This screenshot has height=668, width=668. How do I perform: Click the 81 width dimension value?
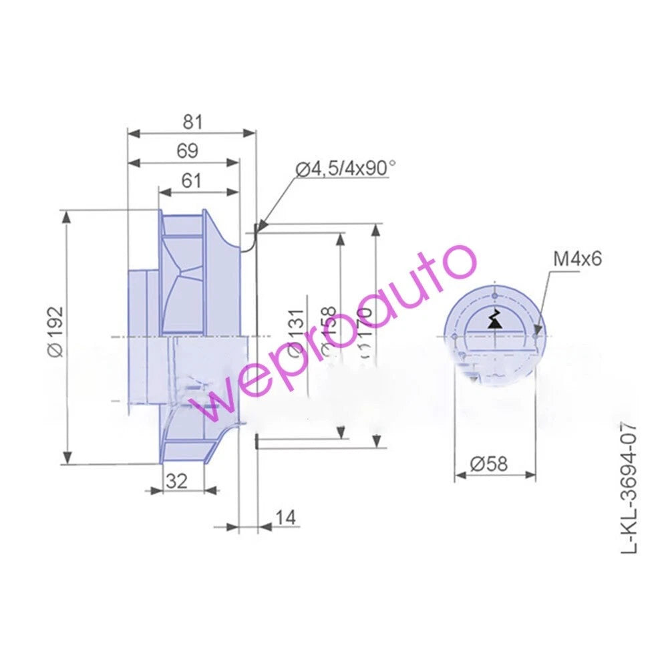tap(192, 122)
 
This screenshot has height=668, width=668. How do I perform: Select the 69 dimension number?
tap(187, 152)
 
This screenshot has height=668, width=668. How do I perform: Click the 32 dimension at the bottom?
tap(176, 480)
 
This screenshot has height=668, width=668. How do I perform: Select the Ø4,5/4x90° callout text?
tap(345, 169)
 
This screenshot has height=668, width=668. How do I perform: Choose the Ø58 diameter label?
tap(488, 464)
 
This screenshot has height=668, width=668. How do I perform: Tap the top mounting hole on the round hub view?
tap(494, 295)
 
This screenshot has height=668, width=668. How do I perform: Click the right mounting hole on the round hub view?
tap(536, 328)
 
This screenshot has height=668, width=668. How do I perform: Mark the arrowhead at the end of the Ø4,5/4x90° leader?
tap(257, 228)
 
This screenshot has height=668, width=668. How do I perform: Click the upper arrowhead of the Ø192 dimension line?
tap(67, 216)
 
